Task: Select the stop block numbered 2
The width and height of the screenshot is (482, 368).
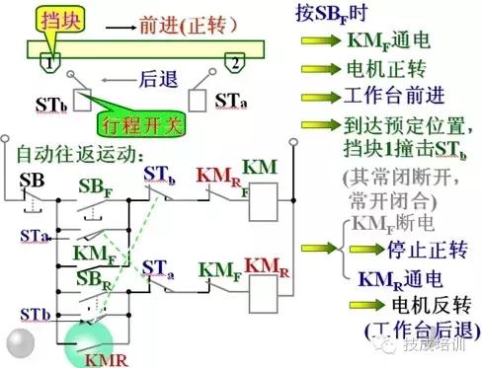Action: (x=234, y=62)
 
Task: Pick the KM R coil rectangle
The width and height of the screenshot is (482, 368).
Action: (x=265, y=290)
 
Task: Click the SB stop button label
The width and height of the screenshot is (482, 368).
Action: (x=31, y=179)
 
